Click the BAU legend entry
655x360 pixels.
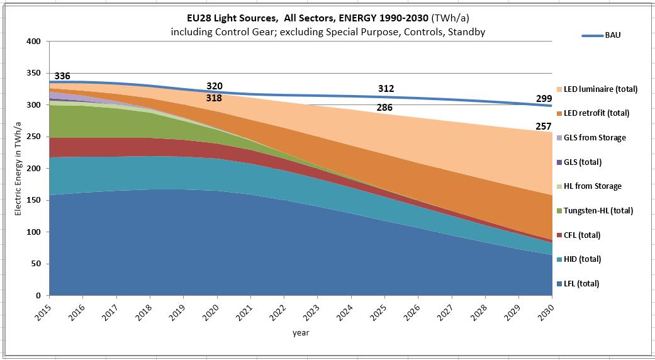(x=612, y=36)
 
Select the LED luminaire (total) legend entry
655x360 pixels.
(x=600, y=89)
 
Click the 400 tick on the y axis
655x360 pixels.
(x=34, y=42)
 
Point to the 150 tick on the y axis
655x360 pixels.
(x=34, y=200)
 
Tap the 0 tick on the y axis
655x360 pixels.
(x=38, y=295)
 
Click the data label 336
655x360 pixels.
(x=62, y=76)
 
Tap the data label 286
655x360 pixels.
(x=385, y=108)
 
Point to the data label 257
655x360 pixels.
(x=544, y=127)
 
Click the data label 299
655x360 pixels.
(x=544, y=98)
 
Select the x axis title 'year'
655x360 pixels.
(x=300, y=333)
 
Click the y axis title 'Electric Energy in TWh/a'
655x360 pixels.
(x=18, y=168)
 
